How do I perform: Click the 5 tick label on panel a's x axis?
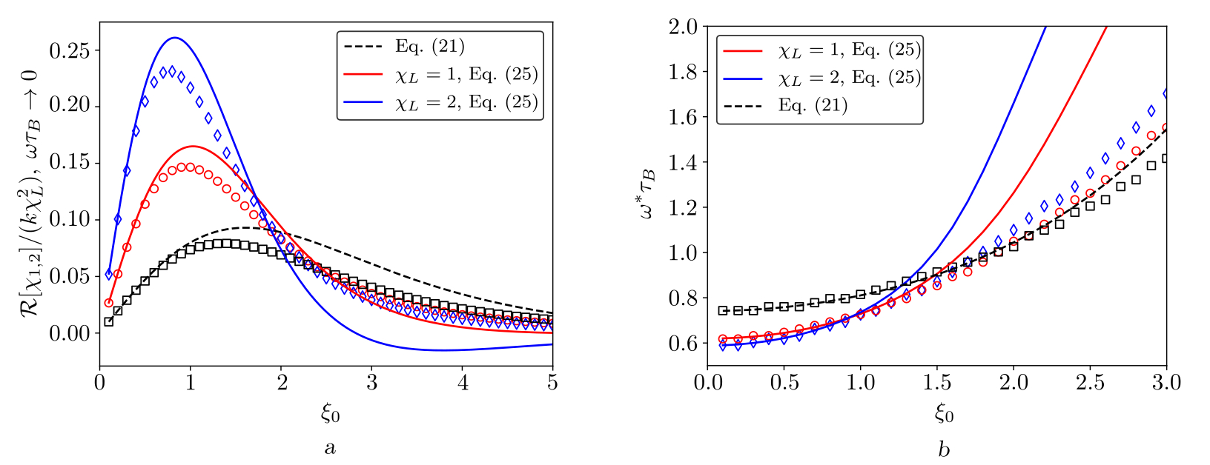(x=553, y=385)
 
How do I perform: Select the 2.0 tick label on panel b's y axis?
(x=683, y=27)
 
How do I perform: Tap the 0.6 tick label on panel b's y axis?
(x=683, y=344)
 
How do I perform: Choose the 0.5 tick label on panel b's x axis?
(x=784, y=385)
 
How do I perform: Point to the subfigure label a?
(x=331, y=448)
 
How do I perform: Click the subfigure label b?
(x=943, y=449)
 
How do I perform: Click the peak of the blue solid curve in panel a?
(x=175, y=38)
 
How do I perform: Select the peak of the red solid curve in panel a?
(x=192, y=146)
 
